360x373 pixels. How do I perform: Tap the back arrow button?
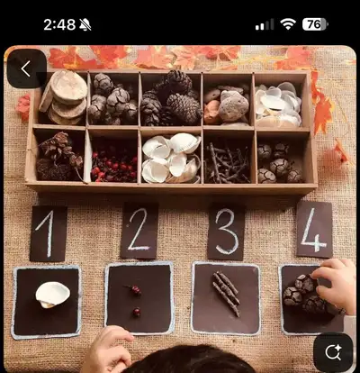click(26, 68)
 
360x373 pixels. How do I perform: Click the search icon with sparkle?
click(333, 352)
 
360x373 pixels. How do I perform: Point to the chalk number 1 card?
click(49, 233)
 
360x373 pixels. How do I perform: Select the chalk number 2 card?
click(139, 231)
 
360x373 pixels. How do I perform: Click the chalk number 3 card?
click(227, 232)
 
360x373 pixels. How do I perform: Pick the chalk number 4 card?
click(314, 230)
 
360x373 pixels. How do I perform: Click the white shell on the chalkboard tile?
click(53, 295)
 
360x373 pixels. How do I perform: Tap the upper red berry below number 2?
click(136, 290)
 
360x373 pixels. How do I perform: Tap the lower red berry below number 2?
click(137, 312)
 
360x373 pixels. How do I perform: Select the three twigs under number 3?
click(227, 294)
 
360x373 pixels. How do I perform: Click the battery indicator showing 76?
click(315, 24)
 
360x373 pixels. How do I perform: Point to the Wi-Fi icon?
click(288, 24)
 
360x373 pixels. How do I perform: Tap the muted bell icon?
click(85, 24)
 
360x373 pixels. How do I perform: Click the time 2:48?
click(59, 24)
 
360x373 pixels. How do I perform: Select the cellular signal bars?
click(265, 24)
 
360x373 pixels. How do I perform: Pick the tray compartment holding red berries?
click(113, 156)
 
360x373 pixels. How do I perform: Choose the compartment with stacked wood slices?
click(62, 98)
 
